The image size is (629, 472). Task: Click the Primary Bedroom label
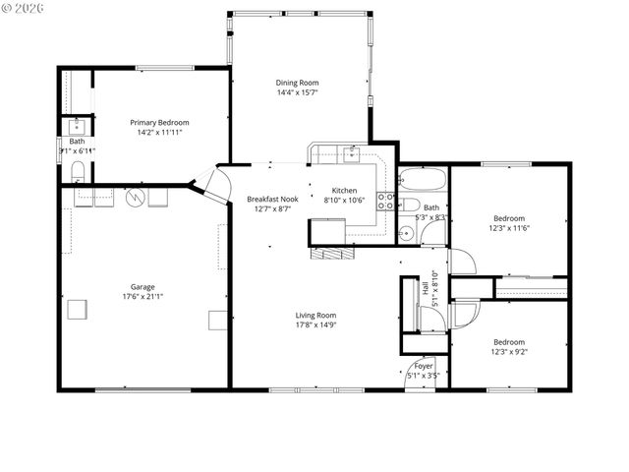[x=159, y=123]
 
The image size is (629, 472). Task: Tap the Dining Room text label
[x=297, y=84]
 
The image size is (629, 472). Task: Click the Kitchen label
[x=344, y=191]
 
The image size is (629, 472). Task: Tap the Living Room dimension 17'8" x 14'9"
[x=316, y=324]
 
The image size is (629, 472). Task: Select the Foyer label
[x=424, y=366]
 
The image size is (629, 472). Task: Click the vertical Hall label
[x=427, y=291]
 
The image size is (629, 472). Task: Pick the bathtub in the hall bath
[x=424, y=181]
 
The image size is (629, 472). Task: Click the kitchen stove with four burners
[x=388, y=203]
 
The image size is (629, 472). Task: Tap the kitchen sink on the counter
[x=352, y=152]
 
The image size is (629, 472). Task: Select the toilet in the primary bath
[x=78, y=174]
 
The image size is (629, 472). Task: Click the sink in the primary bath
[x=77, y=126]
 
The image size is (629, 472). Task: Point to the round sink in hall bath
[x=405, y=233]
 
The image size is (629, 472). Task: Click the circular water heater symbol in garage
[x=140, y=198]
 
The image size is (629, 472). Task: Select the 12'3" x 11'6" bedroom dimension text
[x=509, y=227]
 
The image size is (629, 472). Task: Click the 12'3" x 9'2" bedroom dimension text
[x=509, y=351]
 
